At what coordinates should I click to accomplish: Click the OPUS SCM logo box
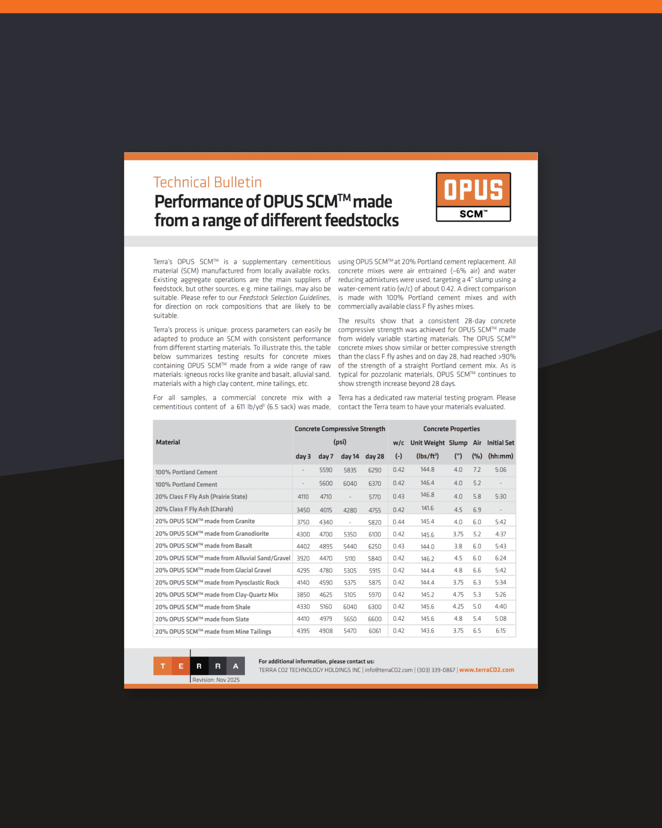tap(473, 197)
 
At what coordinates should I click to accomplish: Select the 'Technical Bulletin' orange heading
tap(207, 182)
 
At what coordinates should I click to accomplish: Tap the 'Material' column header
tap(168, 442)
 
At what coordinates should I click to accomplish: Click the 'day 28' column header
tap(375, 456)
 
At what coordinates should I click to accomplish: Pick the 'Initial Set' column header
tap(500, 442)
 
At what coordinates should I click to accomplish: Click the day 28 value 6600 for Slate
tap(375, 619)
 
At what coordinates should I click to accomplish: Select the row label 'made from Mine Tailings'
tap(213, 631)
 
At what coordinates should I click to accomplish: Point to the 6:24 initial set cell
tap(500, 558)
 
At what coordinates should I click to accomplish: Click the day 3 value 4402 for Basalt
tap(303, 546)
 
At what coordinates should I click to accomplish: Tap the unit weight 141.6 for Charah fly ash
tap(427, 508)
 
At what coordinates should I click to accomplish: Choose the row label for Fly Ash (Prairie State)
tap(201, 496)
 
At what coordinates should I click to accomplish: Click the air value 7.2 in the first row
tap(477, 470)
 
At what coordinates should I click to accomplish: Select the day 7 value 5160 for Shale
tap(326, 607)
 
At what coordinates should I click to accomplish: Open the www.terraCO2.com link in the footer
tap(486, 670)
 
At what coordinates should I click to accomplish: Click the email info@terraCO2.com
tap(388, 670)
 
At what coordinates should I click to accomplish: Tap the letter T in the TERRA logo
tap(163, 666)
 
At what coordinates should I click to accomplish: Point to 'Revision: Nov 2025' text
tap(216, 680)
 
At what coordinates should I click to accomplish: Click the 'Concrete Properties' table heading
tap(451, 429)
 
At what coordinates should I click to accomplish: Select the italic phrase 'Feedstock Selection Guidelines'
tap(284, 298)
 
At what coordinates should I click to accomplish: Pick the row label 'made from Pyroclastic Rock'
tap(217, 582)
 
